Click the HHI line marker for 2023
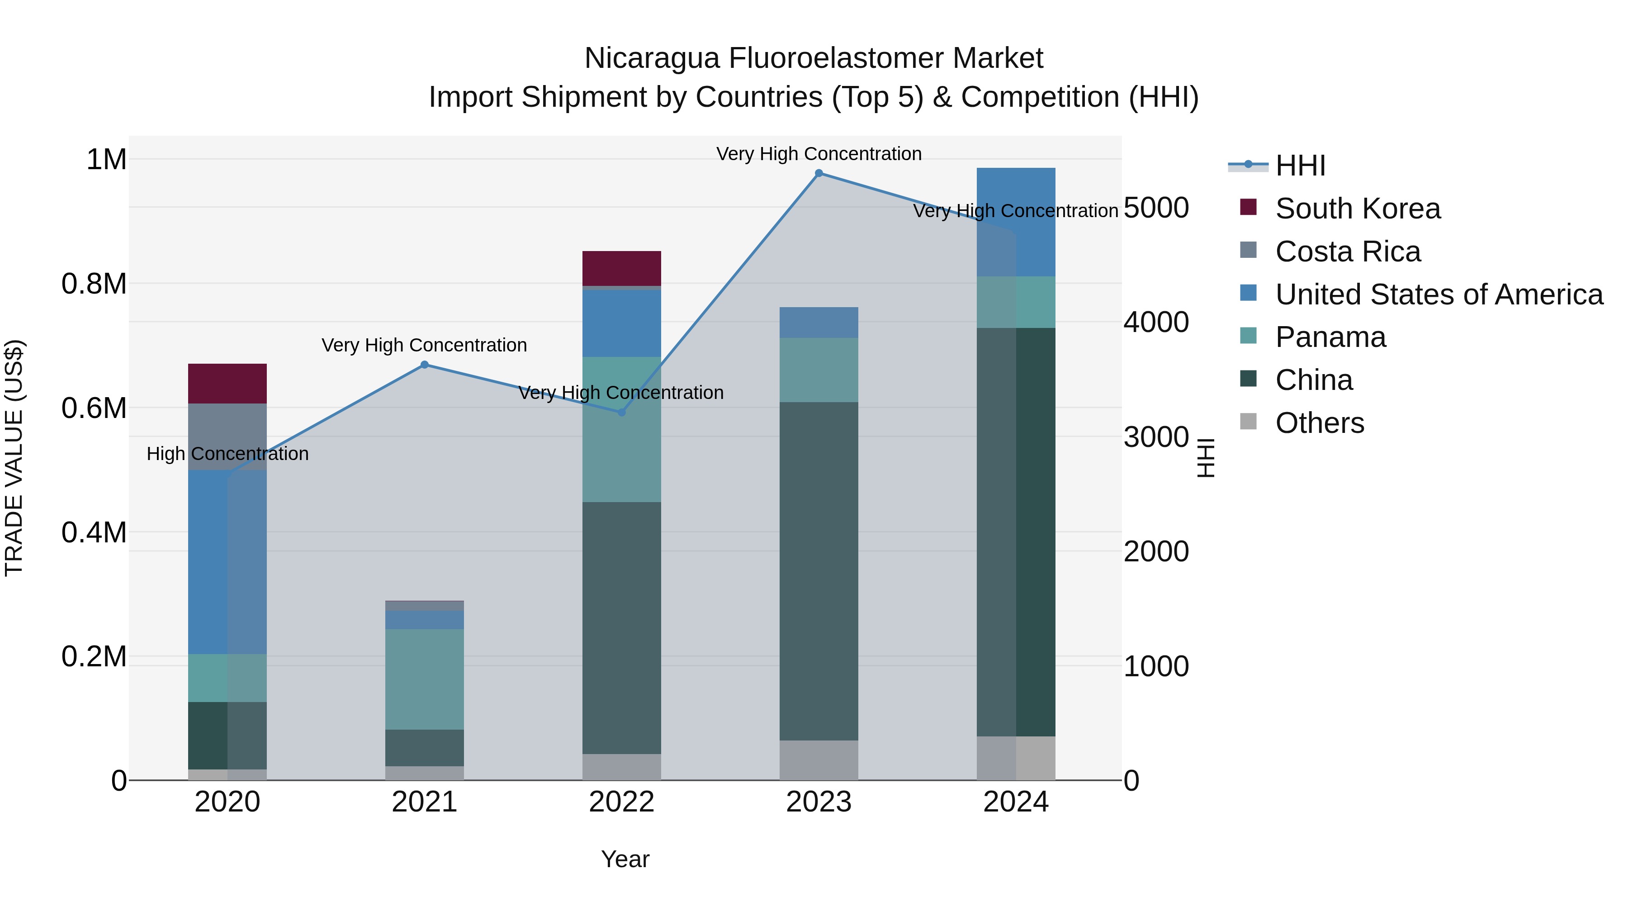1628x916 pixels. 819,173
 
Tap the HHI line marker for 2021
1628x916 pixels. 424,365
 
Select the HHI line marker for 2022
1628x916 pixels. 621,412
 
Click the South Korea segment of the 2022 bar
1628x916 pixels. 621,269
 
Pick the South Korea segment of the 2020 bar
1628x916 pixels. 227,383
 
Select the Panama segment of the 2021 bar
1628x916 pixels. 424,679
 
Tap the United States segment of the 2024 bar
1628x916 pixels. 1016,221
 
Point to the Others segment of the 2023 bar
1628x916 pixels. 819,760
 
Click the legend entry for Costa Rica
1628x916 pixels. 1348,252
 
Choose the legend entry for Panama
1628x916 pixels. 1330,337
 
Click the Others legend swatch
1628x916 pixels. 1248,421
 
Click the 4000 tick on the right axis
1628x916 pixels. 1156,322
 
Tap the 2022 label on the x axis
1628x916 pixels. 621,802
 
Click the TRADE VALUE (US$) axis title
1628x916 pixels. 14,458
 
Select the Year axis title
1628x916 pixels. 625,859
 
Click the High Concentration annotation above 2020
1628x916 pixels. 227,454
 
